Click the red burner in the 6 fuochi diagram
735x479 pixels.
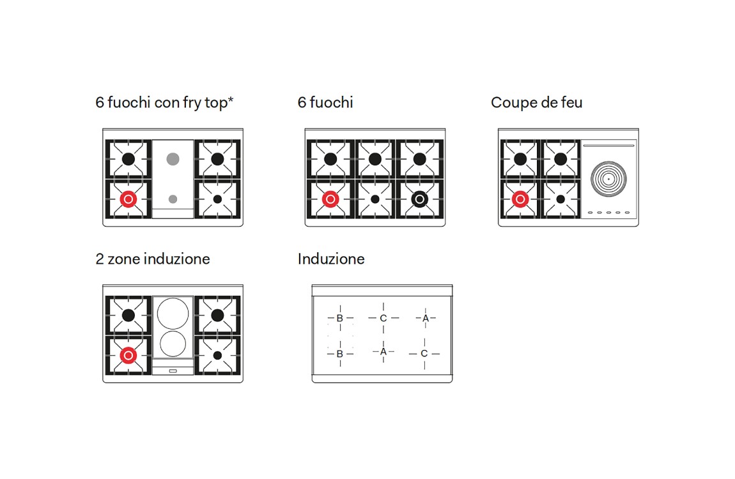[330, 199]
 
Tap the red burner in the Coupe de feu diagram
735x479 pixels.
[520, 199]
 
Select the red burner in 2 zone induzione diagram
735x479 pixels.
[128, 355]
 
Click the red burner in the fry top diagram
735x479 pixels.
[128, 199]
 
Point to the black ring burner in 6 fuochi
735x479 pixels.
[419, 199]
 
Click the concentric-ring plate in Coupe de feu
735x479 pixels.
[608, 179]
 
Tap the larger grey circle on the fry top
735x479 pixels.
[173, 159]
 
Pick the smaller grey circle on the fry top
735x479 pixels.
[173, 199]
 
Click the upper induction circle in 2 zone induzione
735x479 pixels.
[173, 313]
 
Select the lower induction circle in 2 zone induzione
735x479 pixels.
[173, 344]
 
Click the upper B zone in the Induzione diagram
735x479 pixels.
[340, 319]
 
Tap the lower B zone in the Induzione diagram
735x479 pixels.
[340, 354]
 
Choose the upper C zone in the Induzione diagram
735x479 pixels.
[383, 319]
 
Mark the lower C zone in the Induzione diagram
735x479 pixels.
[424, 354]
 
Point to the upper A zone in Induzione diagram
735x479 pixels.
[426, 319]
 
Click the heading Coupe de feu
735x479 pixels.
[537, 103]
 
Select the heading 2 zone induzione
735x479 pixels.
[153, 259]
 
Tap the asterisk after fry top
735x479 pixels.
[231, 99]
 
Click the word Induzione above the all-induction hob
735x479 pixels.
[331, 259]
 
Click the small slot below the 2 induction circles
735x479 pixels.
[173, 371]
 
